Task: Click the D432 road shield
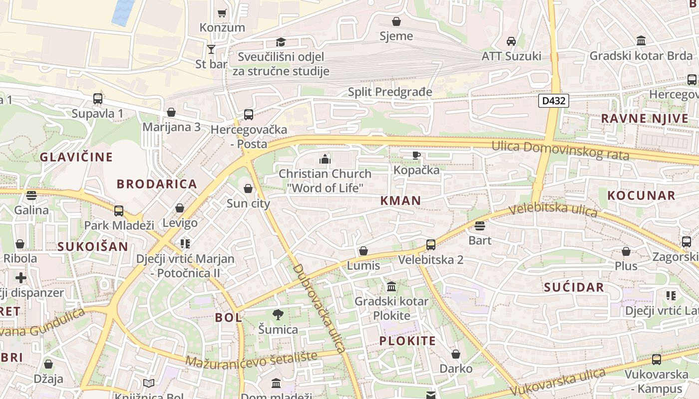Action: point(554,101)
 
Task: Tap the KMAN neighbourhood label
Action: point(400,200)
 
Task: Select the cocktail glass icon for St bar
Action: point(211,49)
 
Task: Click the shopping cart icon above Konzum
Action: point(222,13)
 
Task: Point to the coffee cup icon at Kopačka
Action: point(416,156)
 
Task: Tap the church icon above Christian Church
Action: point(325,160)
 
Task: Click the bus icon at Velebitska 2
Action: point(430,245)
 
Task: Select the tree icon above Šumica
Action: point(278,314)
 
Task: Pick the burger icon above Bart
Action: point(480,226)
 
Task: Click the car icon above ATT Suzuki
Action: point(511,41)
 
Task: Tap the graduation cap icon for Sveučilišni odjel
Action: point(281,42)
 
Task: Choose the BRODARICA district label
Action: point(157,184)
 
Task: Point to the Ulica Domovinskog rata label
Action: point(560,150)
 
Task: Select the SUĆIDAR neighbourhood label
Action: point(574,287)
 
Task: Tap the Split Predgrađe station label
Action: point(390,92)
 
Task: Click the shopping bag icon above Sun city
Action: point(248,189)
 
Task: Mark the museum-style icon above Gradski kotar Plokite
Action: point(391,287)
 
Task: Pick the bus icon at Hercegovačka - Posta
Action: point(249,115)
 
